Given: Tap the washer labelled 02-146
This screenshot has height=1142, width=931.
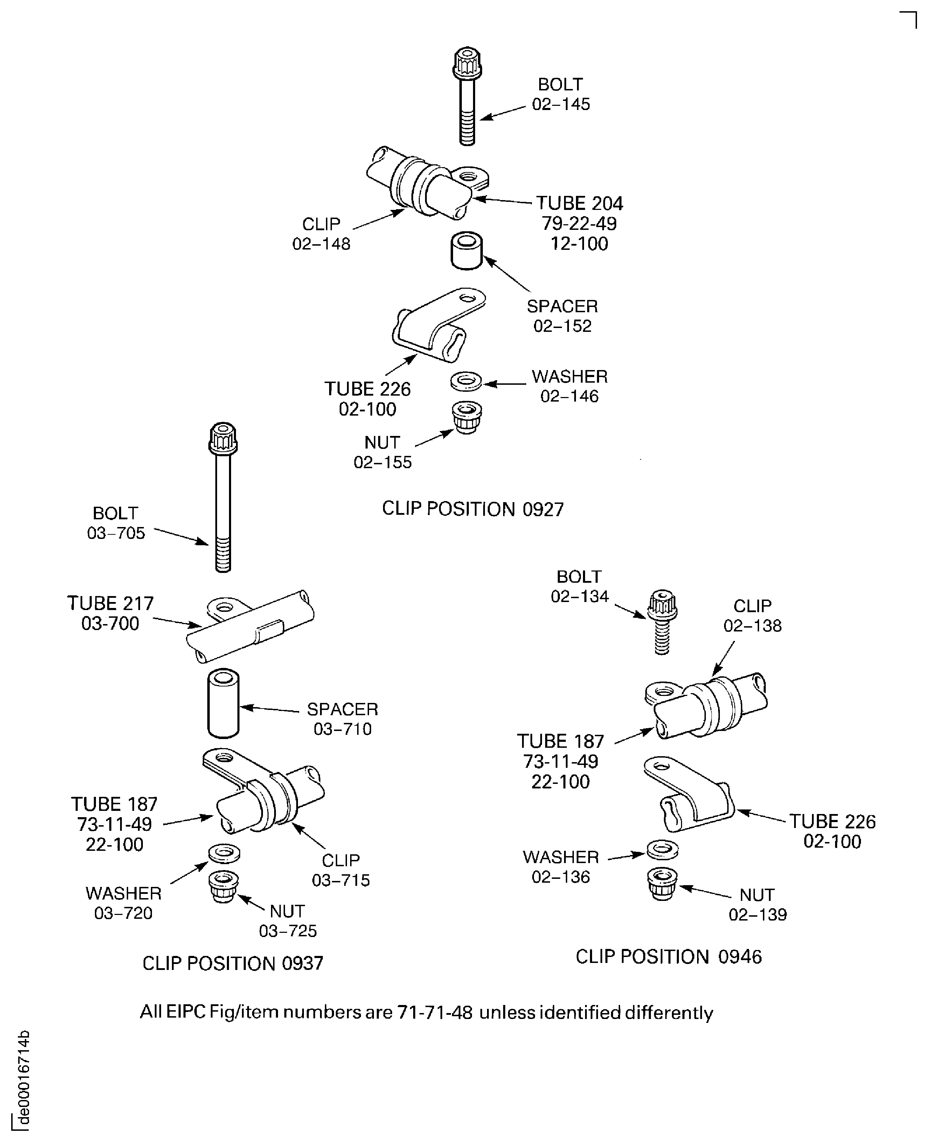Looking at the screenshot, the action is (466, 382).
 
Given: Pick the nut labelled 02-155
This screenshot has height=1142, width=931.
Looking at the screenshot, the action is (467, 417).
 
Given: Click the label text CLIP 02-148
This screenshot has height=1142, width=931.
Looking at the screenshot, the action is (321, 233).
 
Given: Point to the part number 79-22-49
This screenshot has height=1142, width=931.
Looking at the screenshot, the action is (579, 223).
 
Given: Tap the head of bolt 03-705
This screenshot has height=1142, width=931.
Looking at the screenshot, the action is (223, 438).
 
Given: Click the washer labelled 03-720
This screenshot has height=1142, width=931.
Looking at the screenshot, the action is (224, 852).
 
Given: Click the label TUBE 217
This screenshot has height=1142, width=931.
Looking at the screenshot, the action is (111, 603).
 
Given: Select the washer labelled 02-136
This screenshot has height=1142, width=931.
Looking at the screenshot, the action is (663, 849).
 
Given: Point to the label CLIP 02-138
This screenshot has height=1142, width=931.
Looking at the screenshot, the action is (752, 616).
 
